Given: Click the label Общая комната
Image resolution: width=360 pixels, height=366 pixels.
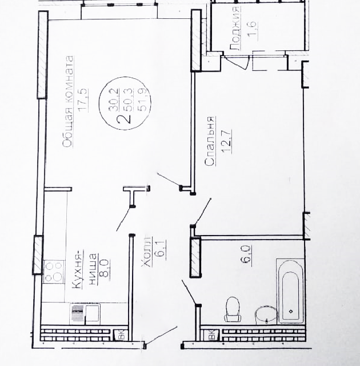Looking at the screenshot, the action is (x=69, y=101).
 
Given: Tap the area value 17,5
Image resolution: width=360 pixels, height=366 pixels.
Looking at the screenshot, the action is (x=84, y=100).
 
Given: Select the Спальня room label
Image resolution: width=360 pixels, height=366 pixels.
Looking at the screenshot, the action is (x=210, y=141).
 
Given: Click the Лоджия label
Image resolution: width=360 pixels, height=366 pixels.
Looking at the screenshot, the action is (x=235, y=28).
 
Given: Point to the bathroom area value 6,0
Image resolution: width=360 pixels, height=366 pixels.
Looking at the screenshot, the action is (x=247, y=253).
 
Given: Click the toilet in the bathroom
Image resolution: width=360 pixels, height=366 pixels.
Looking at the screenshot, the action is (x=232, y=309).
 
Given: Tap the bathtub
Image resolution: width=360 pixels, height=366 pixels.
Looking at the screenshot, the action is (x=290, y=291).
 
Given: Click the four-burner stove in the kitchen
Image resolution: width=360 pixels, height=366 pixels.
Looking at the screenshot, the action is (x=54, y=272).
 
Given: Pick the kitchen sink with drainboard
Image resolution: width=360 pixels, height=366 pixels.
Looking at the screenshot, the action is (x=85, y=314).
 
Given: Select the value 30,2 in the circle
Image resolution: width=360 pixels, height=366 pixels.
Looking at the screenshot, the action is (x=114, y=100).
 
